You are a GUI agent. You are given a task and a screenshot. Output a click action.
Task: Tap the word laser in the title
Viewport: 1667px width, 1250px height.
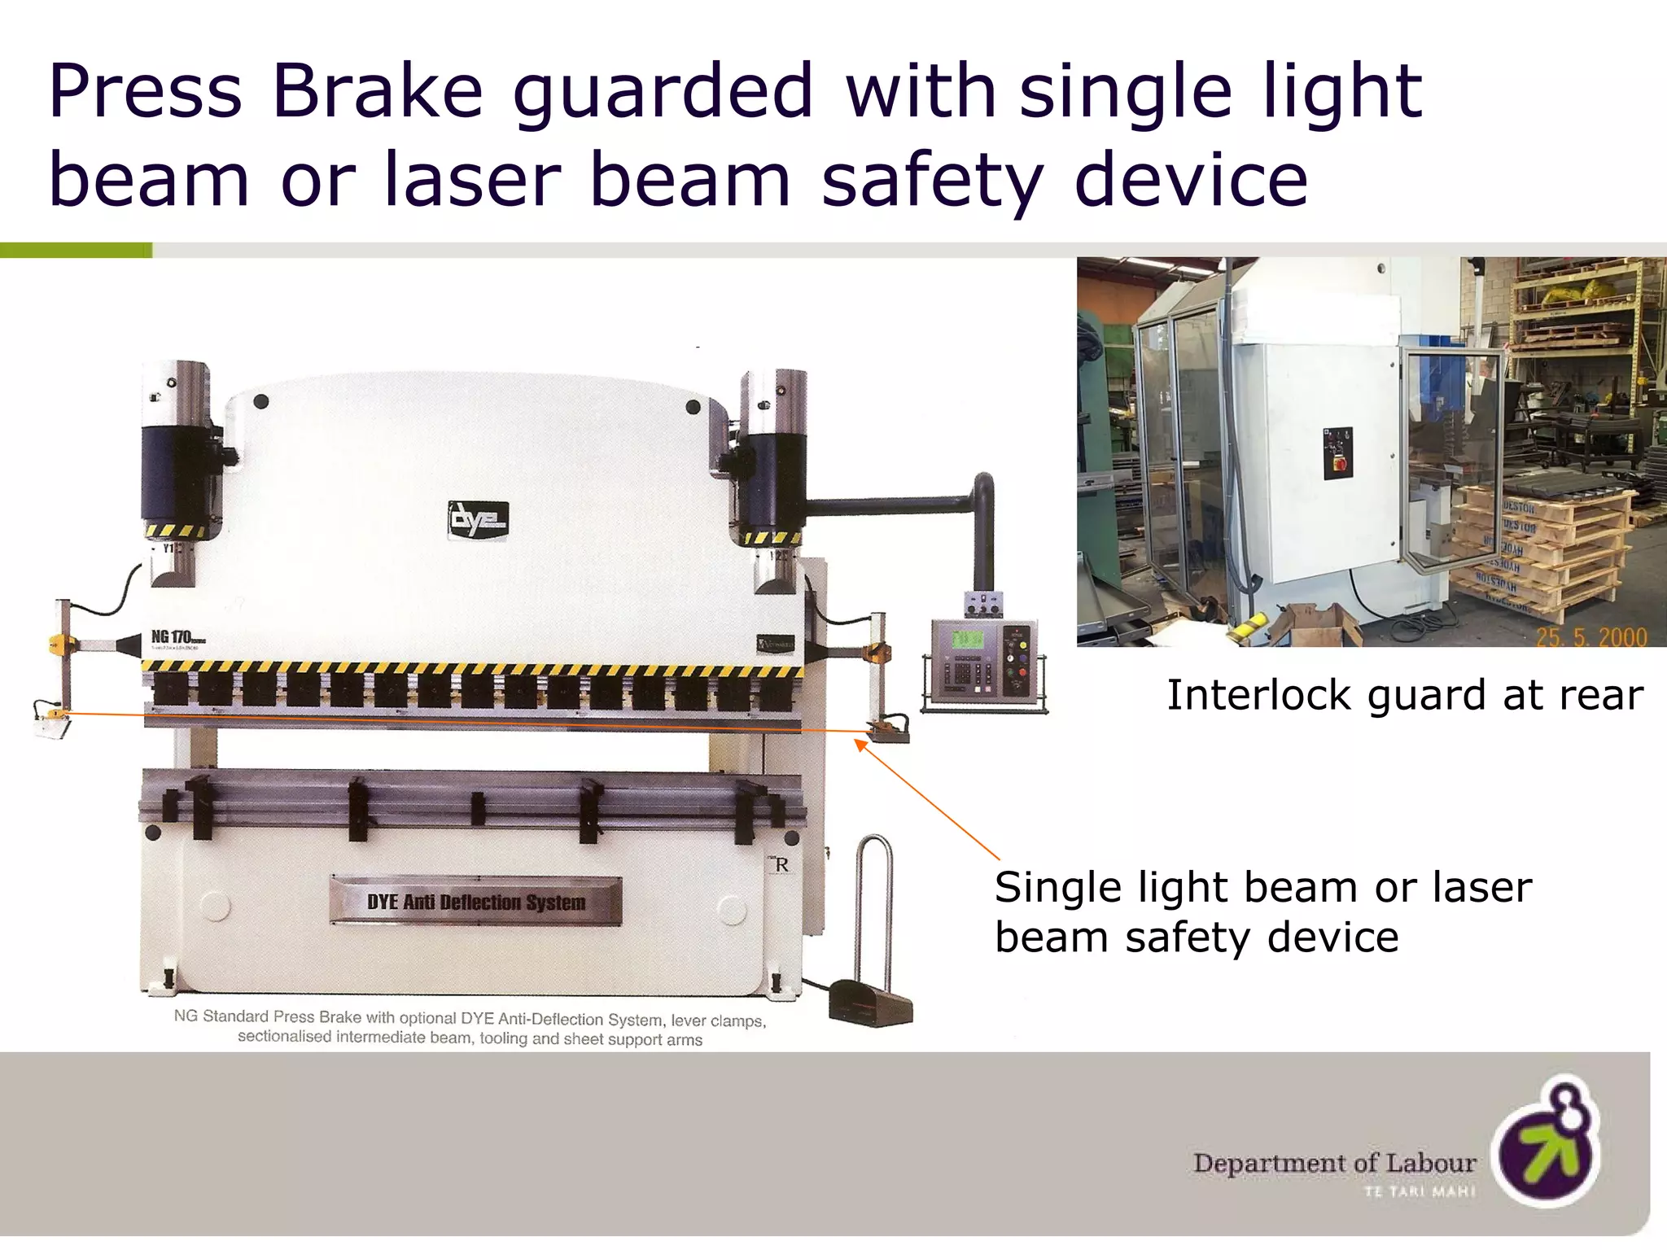(472, 179)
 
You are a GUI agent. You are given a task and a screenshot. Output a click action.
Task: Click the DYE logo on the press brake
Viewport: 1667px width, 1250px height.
(479, 519)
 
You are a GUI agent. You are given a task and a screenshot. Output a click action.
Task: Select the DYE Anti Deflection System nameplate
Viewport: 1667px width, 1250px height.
(476, 901)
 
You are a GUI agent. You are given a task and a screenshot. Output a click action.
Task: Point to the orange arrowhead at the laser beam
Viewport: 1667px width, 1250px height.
(860, 744)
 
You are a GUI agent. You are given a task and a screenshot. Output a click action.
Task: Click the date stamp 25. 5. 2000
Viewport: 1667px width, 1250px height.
(1590, 636)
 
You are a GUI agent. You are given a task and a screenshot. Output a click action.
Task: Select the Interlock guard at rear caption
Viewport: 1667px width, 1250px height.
(1405, 696)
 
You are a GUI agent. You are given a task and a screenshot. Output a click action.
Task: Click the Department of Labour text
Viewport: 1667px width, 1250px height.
(1335, 1163)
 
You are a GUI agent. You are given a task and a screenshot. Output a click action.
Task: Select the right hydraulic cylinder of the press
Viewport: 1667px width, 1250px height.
(774, 480)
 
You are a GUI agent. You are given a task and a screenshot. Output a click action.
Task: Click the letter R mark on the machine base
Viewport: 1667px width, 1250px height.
(781, 865)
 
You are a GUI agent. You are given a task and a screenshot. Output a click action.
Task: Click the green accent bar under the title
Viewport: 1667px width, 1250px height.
(76, 251)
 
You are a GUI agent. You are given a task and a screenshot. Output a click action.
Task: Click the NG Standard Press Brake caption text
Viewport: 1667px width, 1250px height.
(470, 1028)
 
